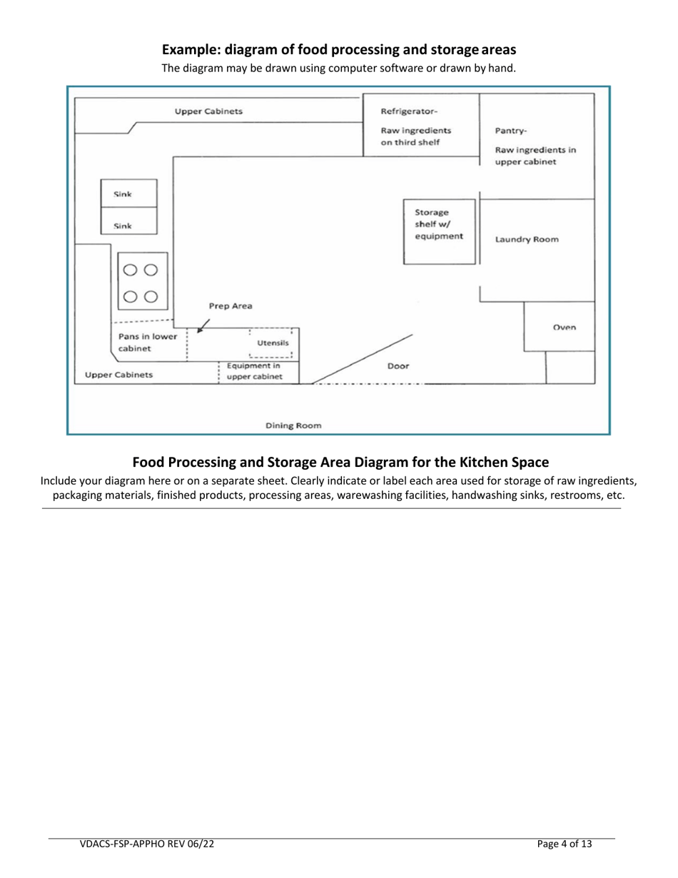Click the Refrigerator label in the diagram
point(410,111)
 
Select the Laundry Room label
point(527,240)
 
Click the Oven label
point(565,328)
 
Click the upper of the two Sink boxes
point(129,193)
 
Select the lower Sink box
point(129,226)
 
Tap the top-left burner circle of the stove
point(130,270)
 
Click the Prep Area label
point(230,306)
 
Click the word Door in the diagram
point(398,365)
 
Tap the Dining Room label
point(293,425)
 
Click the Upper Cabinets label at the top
point(208,111)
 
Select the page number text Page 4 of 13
point(565,844)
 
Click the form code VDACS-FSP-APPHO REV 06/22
point(146,844)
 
